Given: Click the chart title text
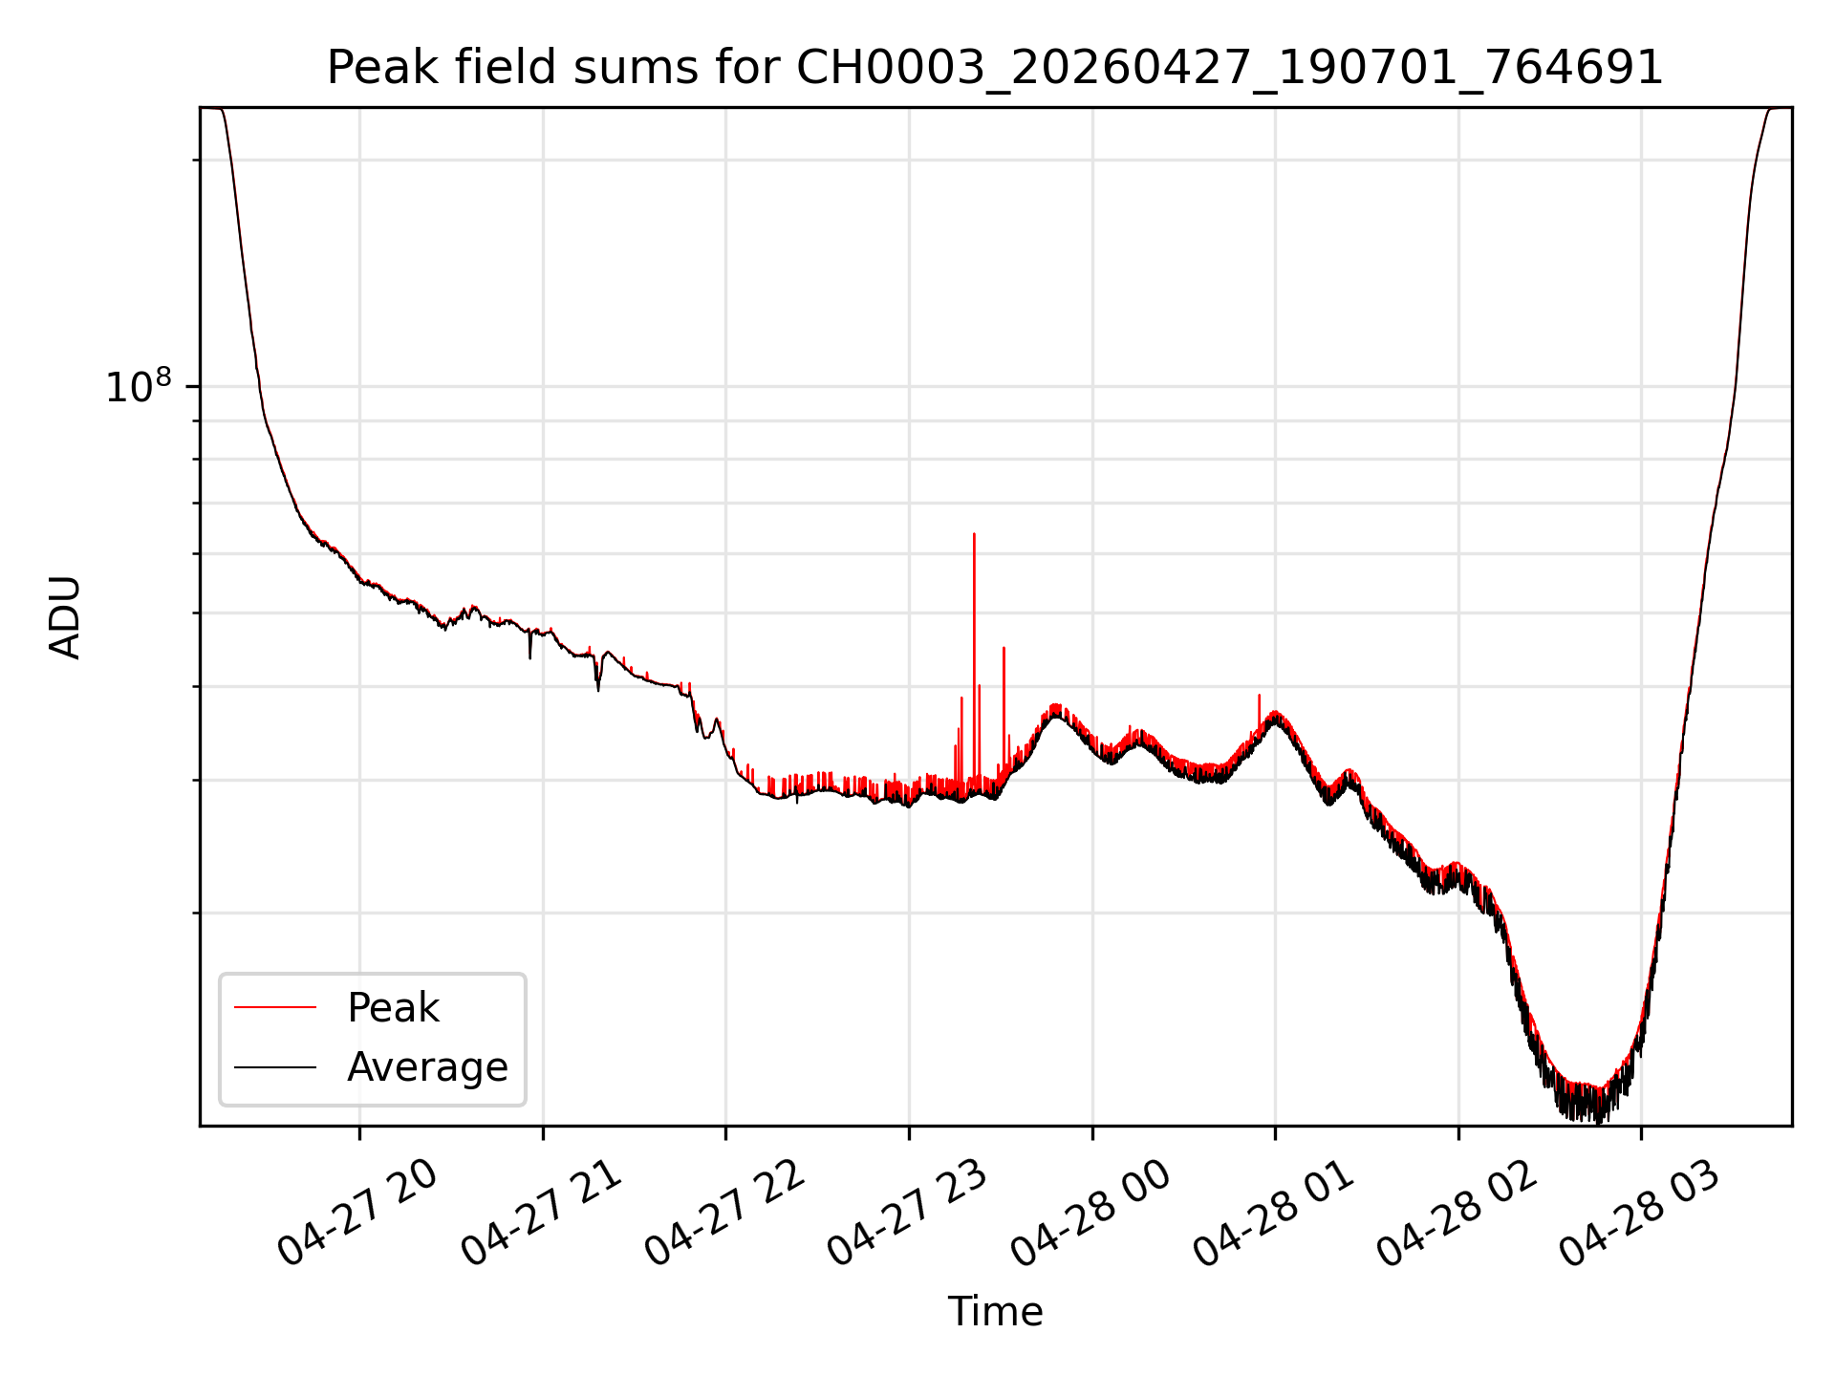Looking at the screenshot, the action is pyautogui.click(x=995, y=68).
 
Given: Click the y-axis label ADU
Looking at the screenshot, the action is pyautogui.click(x=65, y=617).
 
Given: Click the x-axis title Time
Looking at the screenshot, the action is pyautogui.click(x=995, y=1311).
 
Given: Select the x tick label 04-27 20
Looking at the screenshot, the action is pyautogui.click(x=357, y=1214).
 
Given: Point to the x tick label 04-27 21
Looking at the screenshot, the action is pyautogui.click(x=541, y=1214).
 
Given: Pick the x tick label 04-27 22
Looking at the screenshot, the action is pyautogui.click(x=723, y=1214).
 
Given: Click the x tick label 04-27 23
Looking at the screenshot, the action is pyautogui.click(x=907, y=1214).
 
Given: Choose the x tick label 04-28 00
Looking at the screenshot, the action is pyautogui.click(x=1090, y=1214).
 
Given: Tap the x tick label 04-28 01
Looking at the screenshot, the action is pyautogui.click(x=1274, y=1214).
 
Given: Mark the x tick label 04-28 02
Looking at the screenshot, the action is pyautogui.click(x=1457, y=1214).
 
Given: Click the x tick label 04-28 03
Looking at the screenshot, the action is pyautogui.click(x=1640, y=1214).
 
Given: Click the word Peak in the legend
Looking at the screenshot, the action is pyautogui.click(x=393, y=1008).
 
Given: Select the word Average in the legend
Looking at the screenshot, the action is pyautogui.click(x=427, y=1066).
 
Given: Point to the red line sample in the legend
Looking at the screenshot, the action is pyautogui.click(x=275, y=1007).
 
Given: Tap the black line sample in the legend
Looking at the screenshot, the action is pyautogui.click(x=275, y=1066).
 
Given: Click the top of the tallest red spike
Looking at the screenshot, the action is pyautogui.click(x=974, y=534).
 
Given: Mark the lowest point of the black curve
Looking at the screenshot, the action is pyautogui.click(x=1598, y=1123).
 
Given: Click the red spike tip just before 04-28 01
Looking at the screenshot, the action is pyautogui.click(x=1259, y=695).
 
